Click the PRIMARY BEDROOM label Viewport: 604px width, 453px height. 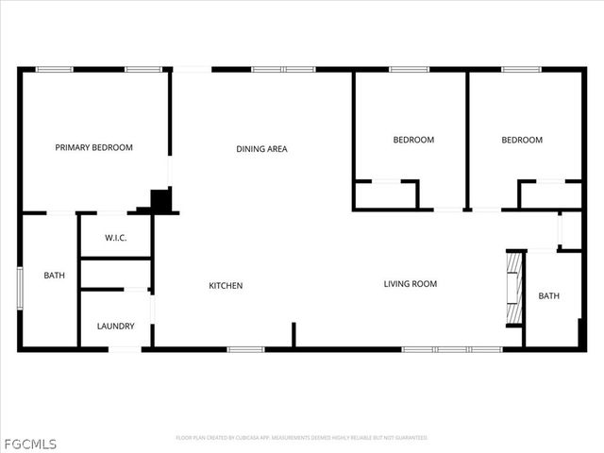click(93, 147)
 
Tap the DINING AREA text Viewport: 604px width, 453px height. click(261, 148)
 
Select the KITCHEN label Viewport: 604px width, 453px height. click(226, 285)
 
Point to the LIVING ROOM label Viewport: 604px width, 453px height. click(410, 284)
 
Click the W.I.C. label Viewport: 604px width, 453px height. click(116, 238)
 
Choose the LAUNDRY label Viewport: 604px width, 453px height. click(115, 327)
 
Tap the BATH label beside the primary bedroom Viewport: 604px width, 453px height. click(55, 276)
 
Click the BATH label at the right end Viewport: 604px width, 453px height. click(548, 295)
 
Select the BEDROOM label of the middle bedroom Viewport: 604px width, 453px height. click(413, 140)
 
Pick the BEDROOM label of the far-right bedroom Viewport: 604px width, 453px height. click(521, 140)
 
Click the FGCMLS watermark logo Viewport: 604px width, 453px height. click(29, 443)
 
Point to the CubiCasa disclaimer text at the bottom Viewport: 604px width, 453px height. click(302, 438)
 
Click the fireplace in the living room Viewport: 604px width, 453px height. click(514, 288)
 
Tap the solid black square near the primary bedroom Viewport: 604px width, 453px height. click(161, 200)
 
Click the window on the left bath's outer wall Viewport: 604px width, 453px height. click(19, 288)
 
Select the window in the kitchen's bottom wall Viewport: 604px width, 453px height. click(244, 350)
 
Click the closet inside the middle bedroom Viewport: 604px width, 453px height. click(386, 194)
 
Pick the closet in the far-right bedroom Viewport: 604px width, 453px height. click(550, 194)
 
